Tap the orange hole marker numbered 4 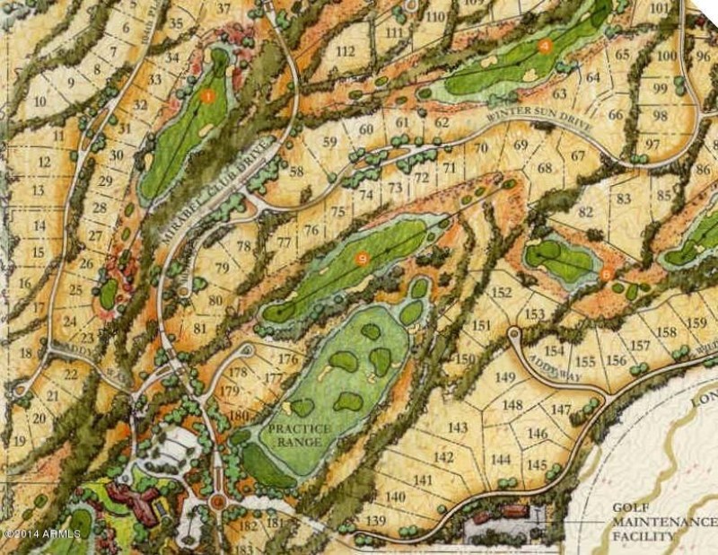point(544,45)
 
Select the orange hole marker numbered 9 point(362,259)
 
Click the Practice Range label point(296,435)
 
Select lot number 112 point(345,51)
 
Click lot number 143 point(458,427)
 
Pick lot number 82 point(586,212)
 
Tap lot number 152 point(502,293)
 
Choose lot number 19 point(19,441)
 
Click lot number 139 point(375,522)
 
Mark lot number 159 point(696,323)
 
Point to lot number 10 point(39,101)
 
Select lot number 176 point(287,359)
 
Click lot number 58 point(296,172)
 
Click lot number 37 point(223,9)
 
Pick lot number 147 point(561,410)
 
